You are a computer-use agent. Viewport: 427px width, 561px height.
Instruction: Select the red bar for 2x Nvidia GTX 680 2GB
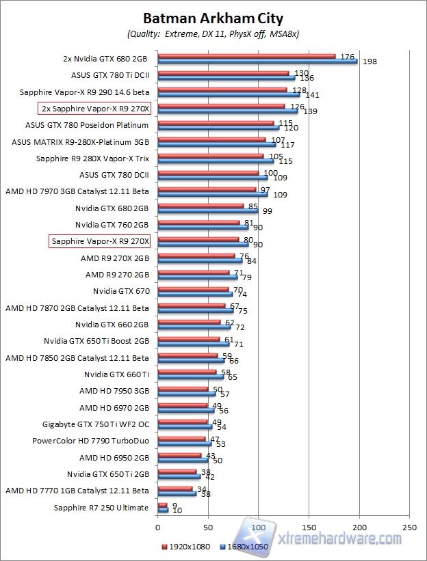pyautogui.click(x=246, y=57)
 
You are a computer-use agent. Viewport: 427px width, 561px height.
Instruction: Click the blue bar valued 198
pyautogui.click(x=257, y=61)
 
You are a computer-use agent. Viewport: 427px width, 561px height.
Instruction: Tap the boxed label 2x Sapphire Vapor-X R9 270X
pyautogui.click(x=99, y=108)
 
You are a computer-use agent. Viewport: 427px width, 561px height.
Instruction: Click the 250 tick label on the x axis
pyautogui.click(x=409, y=528)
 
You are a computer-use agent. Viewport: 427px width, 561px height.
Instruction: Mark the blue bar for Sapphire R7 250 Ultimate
pyautogui.click(x=163, y=510)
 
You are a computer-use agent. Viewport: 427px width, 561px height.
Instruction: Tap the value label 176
pyautogui.click(x=346, y=57)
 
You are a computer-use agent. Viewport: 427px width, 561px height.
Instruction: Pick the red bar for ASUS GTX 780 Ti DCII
pyautogui.click(x=223, y=73)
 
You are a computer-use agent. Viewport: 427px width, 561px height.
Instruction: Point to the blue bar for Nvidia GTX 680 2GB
pyautogui.click(x=207, y=210)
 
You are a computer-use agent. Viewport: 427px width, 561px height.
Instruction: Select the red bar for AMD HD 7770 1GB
pyautogui.click(x=174, y=489)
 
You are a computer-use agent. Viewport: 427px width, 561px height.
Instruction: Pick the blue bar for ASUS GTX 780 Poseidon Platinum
pyautogui.click(x=218, y=127)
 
